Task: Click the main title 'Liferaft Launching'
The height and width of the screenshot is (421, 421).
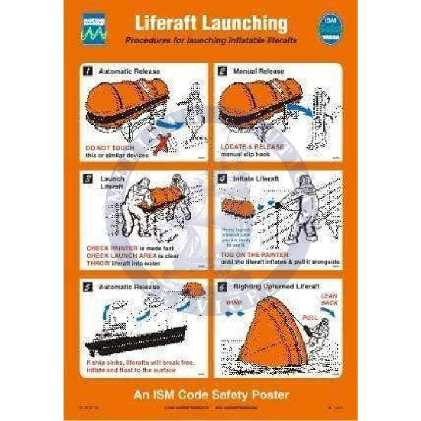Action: point(211,24)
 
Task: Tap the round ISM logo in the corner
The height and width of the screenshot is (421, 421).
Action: point(330,25)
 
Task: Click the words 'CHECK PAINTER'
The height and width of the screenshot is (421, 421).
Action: point(107,248)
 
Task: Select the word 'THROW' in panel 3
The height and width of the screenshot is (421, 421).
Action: point(97,264)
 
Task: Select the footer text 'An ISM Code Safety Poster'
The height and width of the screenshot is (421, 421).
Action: point(210,395)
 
